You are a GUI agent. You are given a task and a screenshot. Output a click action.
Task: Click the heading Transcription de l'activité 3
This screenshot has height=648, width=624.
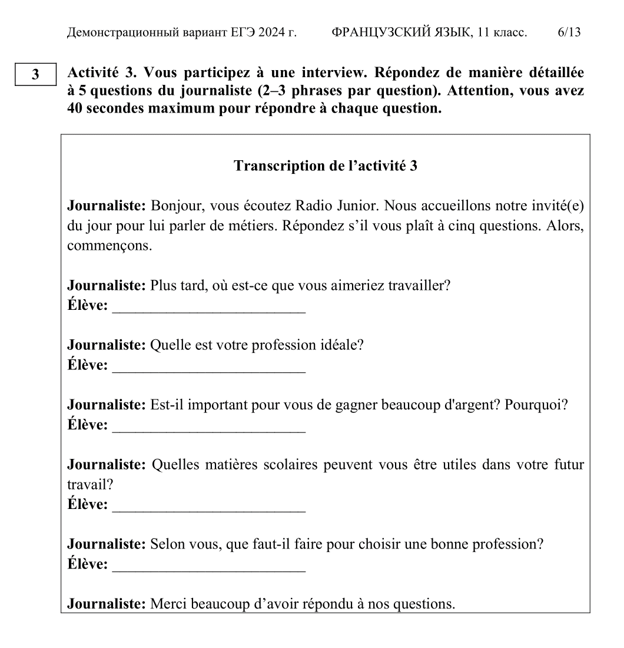tap(326, 166)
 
